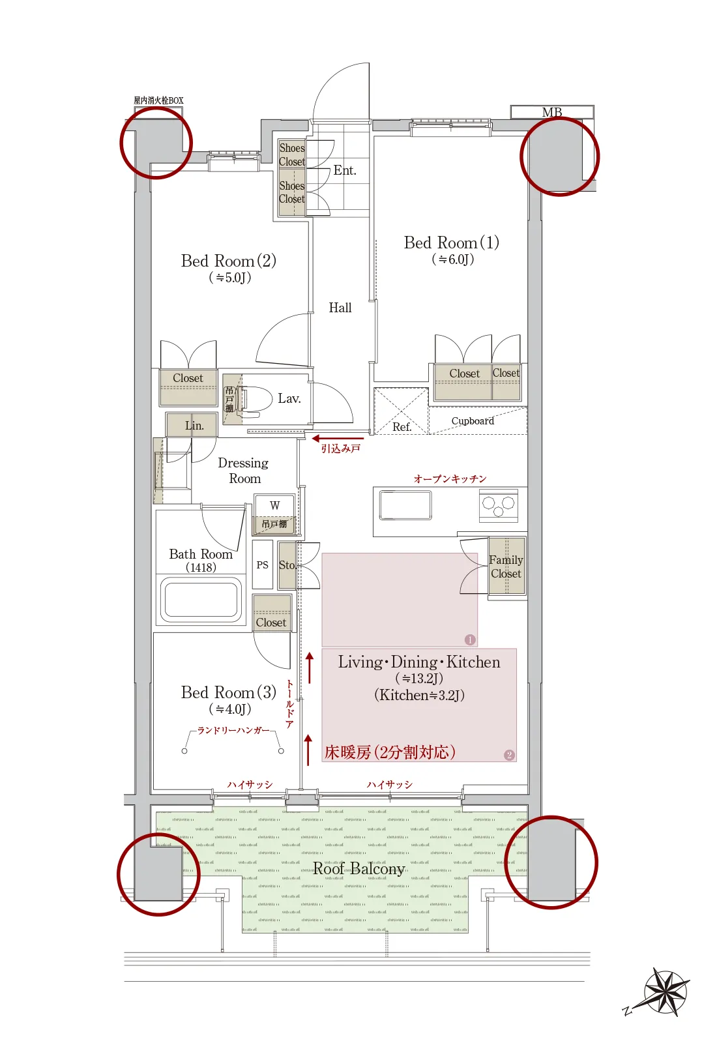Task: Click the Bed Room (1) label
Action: (x=451, y=243)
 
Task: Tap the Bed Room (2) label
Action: (x=228, y=261)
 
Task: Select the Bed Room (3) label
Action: (x=228, y=693)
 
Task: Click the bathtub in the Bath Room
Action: (x=201, y=599)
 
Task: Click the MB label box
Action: (x=552, y=112)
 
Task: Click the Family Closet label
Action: (x=506, y=566)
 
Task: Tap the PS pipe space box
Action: (x=262, y=565)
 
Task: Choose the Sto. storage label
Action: (x=287, y=565)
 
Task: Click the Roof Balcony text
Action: (x=358, y=869)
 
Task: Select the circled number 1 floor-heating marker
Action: (x=470, y=639)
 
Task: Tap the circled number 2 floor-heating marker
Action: (x=509, y=755)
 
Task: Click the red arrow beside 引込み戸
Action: (x=337, y=439)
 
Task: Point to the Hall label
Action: (x=340, y=308)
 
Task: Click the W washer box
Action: (x=274, y=505)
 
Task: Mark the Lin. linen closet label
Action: (x=194, y=426)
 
